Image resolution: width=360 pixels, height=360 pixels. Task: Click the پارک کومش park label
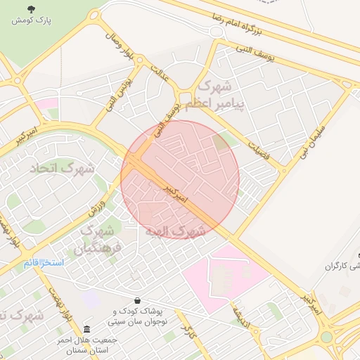pos(31,20)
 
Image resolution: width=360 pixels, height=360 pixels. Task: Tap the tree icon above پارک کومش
pos(31,8)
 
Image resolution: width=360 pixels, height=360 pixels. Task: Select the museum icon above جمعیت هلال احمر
pos(86,330)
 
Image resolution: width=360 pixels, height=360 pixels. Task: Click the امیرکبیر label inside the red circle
pos(176,194)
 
